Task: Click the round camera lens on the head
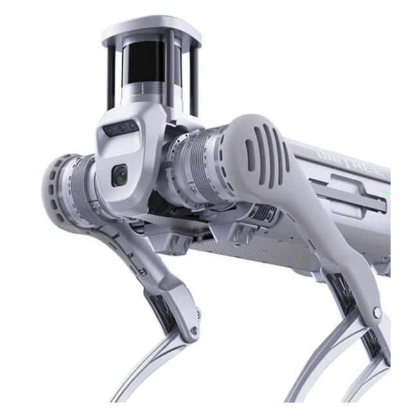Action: click(120, 175)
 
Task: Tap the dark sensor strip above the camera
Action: click(120, 129)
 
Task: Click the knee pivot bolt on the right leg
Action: click(376, 313)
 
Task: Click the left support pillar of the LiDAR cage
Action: click(112, 71)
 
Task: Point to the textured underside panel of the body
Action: click(232, 247)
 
